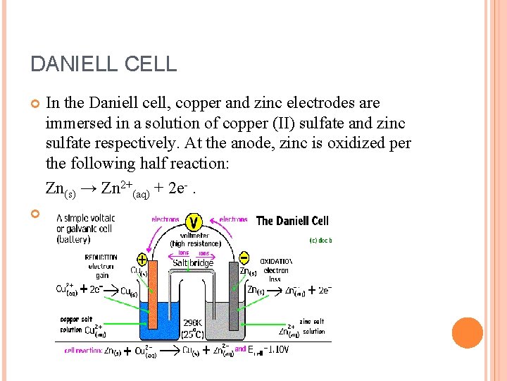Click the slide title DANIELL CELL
pos(104,65)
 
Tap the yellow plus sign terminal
pos(142,258)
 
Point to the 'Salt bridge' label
pos(193,263)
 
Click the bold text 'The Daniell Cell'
pos(292,221)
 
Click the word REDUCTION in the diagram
pos(101,258)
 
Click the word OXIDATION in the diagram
pos(276,261)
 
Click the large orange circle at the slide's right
pos(467,333)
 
